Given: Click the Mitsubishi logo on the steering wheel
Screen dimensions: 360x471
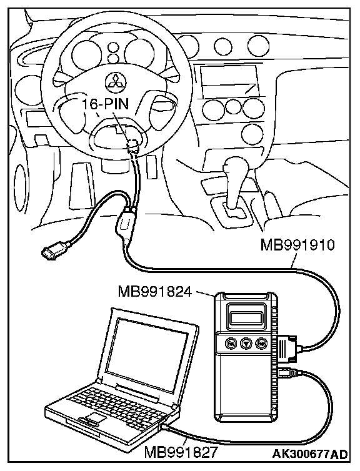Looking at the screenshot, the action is pos(116,81).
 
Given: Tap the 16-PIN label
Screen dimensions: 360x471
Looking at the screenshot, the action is pos(106,104).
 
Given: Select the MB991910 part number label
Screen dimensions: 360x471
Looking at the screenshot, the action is pos(297,245).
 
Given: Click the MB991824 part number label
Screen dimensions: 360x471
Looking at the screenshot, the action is pos(154,291).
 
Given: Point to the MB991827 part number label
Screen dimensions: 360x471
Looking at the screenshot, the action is pos(180,452).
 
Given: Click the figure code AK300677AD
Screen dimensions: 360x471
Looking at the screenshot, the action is pos(310,454).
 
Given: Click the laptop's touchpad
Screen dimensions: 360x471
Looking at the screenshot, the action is pos(96,417).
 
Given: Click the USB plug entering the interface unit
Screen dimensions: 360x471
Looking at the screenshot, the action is pos(289,372).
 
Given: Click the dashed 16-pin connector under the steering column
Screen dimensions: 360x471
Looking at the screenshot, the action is pos(132,146).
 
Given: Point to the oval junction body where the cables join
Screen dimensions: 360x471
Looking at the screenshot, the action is pos(125,222).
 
